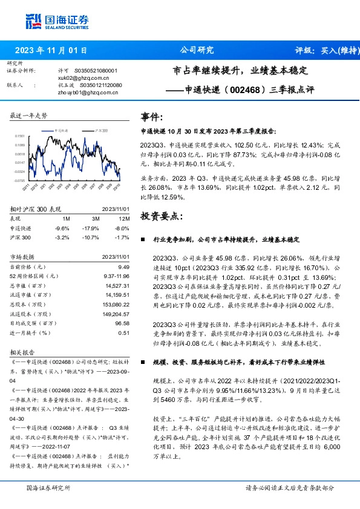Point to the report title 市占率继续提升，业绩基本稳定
coord(240,71)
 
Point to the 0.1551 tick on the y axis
coord(19,137)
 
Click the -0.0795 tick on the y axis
coord(19,180)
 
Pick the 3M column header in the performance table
coord(96,218)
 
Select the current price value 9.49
coord(124,267)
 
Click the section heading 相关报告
coord(23,352)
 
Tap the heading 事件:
coord(152,117)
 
